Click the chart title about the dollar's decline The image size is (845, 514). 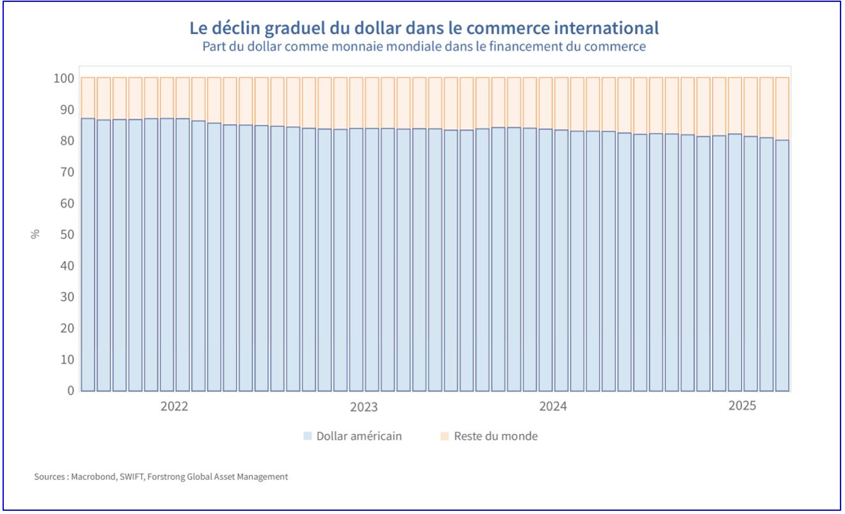pyautogui.click(x=424, y=28)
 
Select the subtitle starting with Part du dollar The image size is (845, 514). pyautogui.click(x=424, y=47)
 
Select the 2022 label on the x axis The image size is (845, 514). pyautogui.click(x=174, y=407)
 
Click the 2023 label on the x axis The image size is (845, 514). pyautogui.click(x=363, y=407)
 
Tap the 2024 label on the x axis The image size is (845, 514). pyautogui.click(x=553, y=407)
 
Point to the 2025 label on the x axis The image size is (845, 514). pyautogui.click(x=742, y=406)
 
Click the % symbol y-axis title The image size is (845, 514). pyautogui.click(x=35, y=234)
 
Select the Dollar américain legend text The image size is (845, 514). pyautogui.click(x=359, y=437)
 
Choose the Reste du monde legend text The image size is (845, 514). pyautogui.click(x=496, y=437)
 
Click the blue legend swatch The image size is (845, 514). pyautogui.click(x=308, y=437)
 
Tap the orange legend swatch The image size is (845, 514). pyautogui.click(x=445, y=437)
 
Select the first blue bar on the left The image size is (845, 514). pyautogui.click(x=88, y=256)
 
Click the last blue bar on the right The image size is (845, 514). pyautogui.click(x=782, y=269)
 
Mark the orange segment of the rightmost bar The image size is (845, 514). pyautogui.click(x=782, y=109)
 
